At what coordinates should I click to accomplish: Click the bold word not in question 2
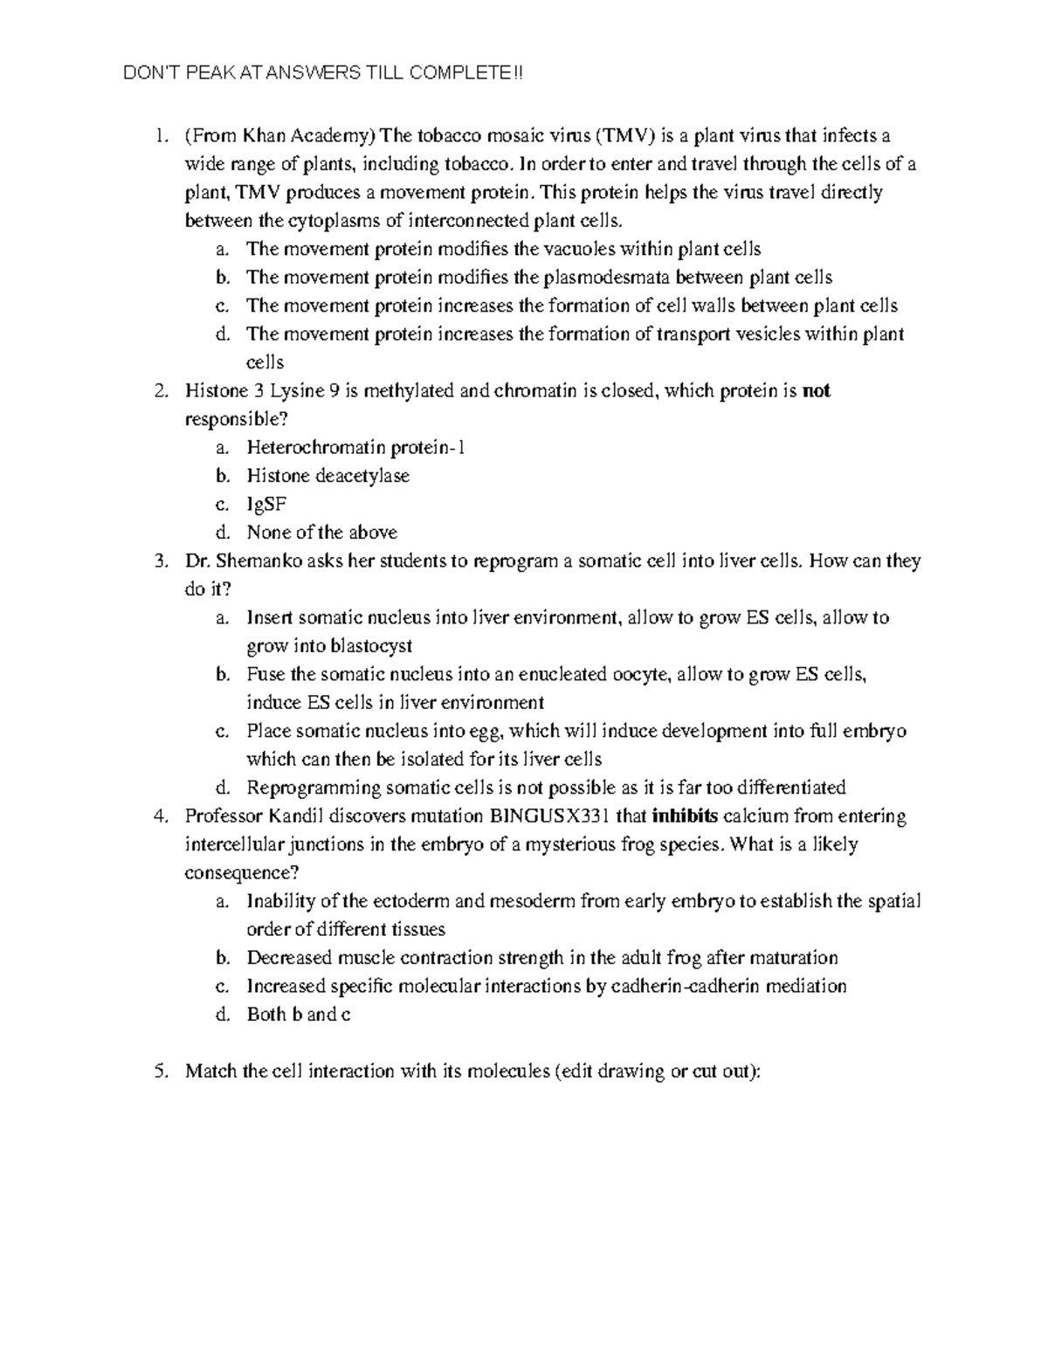click(x=817, y=390)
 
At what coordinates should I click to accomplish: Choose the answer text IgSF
click(x=266, y=504)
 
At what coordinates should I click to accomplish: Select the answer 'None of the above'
click(x=321, y=532)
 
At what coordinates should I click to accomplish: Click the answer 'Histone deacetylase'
click(x=327, y=476)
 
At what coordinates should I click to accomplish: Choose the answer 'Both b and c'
click(x=299, y=1015)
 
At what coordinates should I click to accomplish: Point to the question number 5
click(x=159, y=1071)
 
